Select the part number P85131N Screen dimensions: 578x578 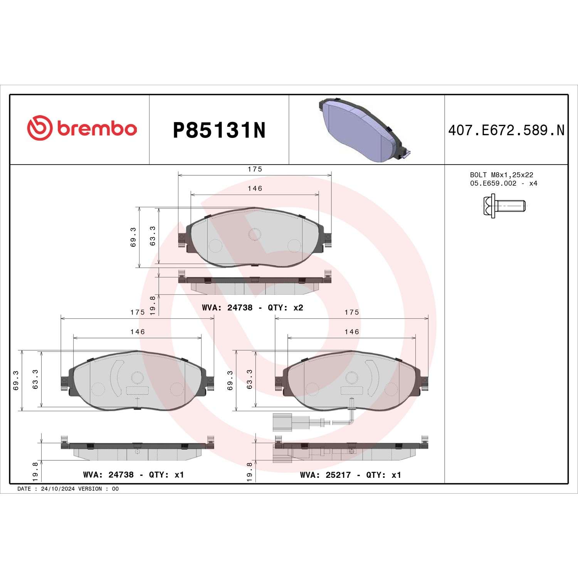point(219,130)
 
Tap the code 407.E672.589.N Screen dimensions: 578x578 point(506,130)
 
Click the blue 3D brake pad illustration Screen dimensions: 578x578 point(364,129)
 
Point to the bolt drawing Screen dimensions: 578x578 point(504,206)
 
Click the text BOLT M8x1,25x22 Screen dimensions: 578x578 point(502,175)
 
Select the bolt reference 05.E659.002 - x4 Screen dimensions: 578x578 point(504,183)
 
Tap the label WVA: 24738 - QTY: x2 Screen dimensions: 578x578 point(252,307)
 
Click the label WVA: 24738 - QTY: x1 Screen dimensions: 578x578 point(134,475)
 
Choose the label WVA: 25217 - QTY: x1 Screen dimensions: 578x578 point(351,475)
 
